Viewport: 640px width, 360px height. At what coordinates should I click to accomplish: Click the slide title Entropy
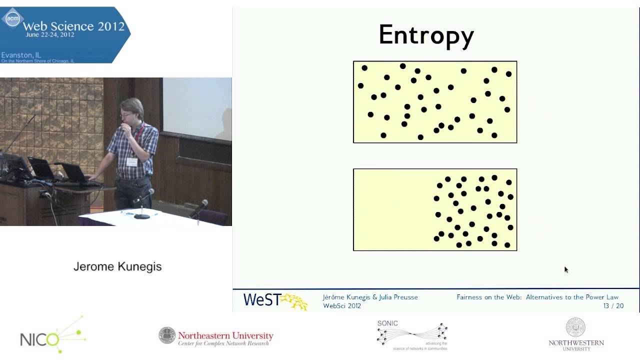[x=426, y=35]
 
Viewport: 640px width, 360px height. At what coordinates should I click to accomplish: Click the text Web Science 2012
[x=73, y=26]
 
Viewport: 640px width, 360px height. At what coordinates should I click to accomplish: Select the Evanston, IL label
[x=21, y=54]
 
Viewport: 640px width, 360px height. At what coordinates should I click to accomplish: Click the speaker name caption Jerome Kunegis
[x=117, y=266]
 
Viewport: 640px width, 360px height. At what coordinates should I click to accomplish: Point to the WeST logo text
[x=261, y=299]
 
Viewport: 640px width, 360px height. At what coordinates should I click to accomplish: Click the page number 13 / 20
[x=613, y=306]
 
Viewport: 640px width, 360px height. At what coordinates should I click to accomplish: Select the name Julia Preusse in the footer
[x=398, y=297]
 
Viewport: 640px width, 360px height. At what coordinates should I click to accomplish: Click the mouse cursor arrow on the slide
[x=566, y=269]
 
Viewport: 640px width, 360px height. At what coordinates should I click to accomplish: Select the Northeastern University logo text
[x=225, y=335]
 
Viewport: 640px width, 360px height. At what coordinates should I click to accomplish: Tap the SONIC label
[x=387, y=323]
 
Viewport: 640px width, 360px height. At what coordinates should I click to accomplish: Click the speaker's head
[x=132, y=108]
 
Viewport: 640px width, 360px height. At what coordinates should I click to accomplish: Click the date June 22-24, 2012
[x=49, y=35]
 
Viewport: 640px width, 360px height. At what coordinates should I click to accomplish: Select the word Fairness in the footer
[x=470, y=297]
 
